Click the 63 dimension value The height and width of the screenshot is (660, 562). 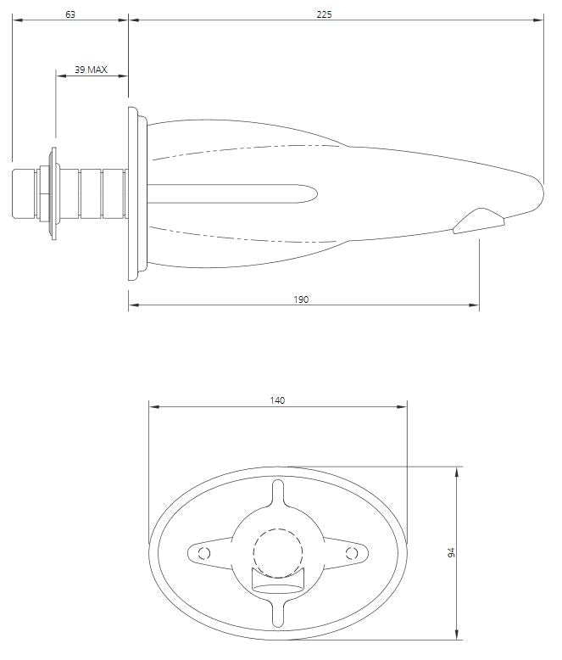(x=70, y=14)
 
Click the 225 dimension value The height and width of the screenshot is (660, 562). (x=325, y=14)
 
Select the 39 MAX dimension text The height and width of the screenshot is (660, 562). (x=91, y=70)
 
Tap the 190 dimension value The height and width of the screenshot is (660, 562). (x=301, y=299)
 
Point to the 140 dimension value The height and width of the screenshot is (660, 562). (x=278, y=400)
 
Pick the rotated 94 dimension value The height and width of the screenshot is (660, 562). (x=451, y=552)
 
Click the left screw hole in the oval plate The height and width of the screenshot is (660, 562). (x=204, y=553)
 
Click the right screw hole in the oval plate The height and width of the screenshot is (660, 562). (x=352, y=553)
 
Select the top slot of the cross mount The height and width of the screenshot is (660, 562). (x=278, y=494)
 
